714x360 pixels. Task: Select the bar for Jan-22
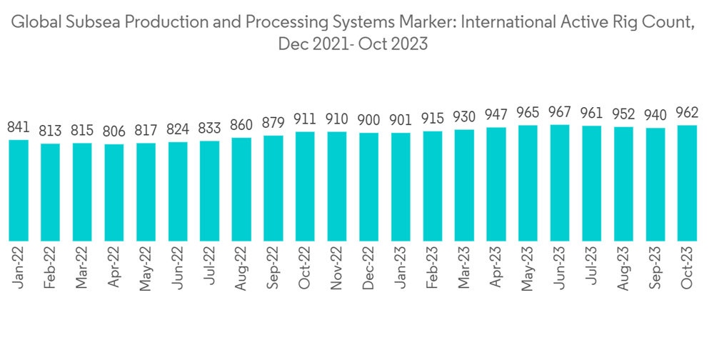pyautogui.click(x=19, y=190)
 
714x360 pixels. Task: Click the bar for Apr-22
pyautogui.click(x=114, y=192)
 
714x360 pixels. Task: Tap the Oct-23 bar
pyautogui.click(x=687, y=183)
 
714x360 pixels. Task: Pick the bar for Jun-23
pyautogui.click(x=559, y=183)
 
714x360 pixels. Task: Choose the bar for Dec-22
pyautogui.click(x=368, y=186)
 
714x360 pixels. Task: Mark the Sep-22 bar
pyautogui.click(x=273, y=188)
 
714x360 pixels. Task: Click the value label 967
pyautogui.click(x=559, y=113)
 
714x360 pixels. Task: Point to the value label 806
pyautogui.click(x=114, y=132)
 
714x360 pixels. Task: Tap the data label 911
pyautogui.click(x=305, y=119)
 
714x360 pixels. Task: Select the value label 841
pyautogui.click(x=19, y=128)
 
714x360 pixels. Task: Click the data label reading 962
pyautogui.click(x=687, y=113)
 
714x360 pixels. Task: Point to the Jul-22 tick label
pyautogui.click(x=209, y=266)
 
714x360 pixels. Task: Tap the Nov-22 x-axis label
pyautogui.click(x=336, y=269)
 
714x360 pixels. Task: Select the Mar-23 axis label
pyautogui.click(x=463, y=269)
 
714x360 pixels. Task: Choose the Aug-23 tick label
pyautogui.click(x=623, y=269)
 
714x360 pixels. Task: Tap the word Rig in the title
pyautogui.click(x=608, y=21)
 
